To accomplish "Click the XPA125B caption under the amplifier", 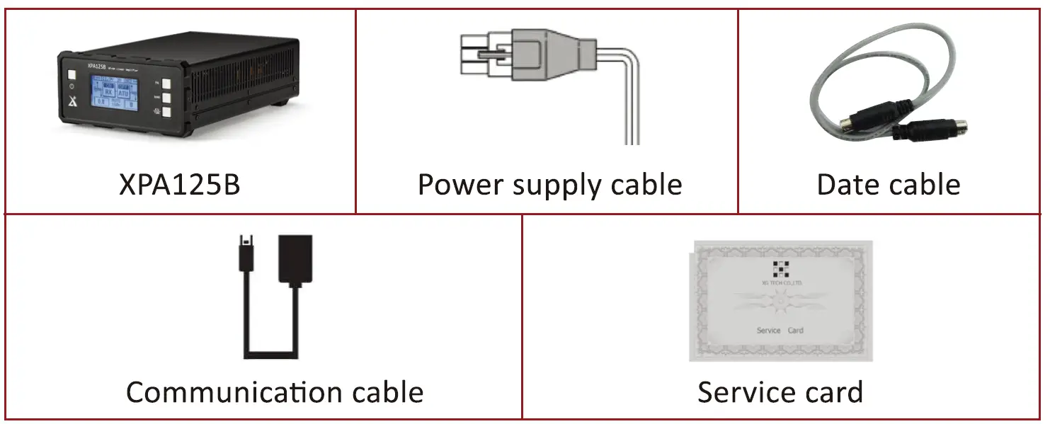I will tap(180, 185).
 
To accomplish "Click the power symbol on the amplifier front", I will tap(72, 88).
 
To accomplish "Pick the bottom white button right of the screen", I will tap(166, 112).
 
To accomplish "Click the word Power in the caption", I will tap(460, 185).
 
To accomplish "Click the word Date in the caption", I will tap(848, 185).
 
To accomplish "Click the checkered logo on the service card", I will tap(780, 269).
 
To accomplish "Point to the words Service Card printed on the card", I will tap(780, 331).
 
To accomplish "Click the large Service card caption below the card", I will tap(780, 392).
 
